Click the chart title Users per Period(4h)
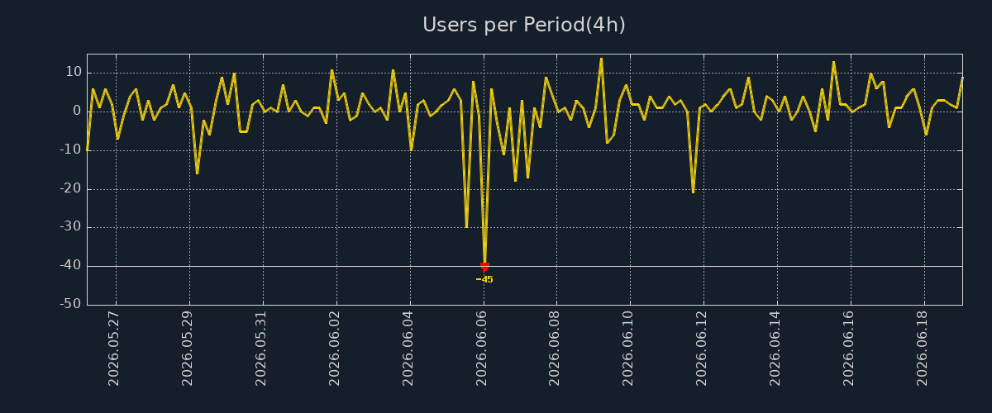tap(524, 25)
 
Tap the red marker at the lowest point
tap(484, 267)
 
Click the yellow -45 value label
tap(484, 279)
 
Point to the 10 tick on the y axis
tap(74, 72)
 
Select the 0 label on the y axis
tap(77, 111)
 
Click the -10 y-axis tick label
tap(71, 150)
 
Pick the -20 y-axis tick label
tap(71, 188)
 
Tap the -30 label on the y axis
tap(71, 226)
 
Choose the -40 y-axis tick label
tap(71, 266)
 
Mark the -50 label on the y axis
tap(71, 304)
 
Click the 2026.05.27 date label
tap(113, 349)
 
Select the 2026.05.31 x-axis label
tap(260, 349)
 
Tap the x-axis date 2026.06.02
tap(334, 349)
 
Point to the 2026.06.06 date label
tap(481, 349)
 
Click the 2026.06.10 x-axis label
tap(627, 349)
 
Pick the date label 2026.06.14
tap(775, 349)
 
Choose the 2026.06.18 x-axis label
tap(922, 349)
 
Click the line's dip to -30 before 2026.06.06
tap(466, 226)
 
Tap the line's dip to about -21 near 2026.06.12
tap(693, 192)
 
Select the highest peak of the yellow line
tap(601, 59)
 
